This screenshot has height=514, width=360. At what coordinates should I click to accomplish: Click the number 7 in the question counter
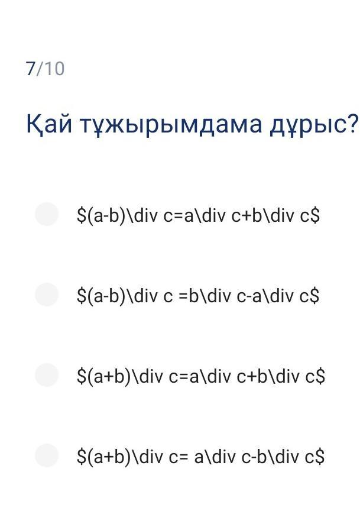coord(30,69)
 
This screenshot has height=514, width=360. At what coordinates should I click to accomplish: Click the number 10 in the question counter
coord(54,69)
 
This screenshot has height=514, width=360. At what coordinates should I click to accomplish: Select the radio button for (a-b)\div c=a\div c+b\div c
coord(47,214)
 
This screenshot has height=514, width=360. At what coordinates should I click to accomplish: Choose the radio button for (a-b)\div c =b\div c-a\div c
coord(47,295)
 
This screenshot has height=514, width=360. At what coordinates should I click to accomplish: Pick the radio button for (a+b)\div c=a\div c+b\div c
coord(47,374)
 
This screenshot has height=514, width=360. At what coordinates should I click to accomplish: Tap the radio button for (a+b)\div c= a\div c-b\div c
coord(47,455)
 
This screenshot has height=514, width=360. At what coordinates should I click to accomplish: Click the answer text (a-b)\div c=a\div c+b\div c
coord(198,216)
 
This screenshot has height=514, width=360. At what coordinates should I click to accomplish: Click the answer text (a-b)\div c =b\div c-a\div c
coord(198,296)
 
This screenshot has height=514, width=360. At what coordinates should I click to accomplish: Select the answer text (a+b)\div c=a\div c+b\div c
coord(201,376)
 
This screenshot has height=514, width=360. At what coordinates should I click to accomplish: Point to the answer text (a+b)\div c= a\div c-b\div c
coord(200,457)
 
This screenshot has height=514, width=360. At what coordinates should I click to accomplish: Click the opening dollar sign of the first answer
coord(81,216)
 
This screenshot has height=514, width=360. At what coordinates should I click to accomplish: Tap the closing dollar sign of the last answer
coord(320,457)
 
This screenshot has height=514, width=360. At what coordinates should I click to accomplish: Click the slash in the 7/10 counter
coord(39,69)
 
